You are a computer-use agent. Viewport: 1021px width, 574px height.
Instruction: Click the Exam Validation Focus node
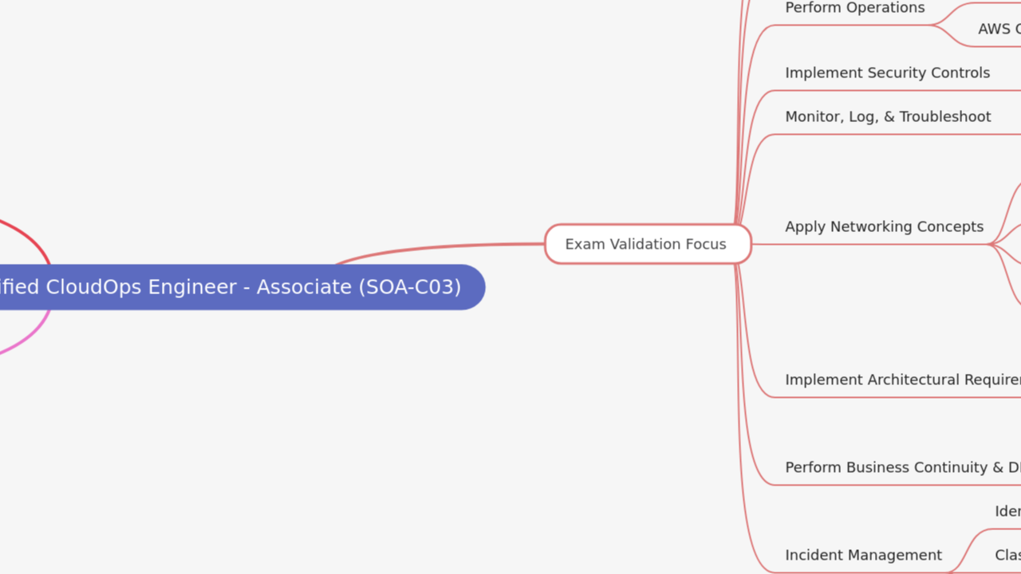pyautogui.click(x=647, y=244)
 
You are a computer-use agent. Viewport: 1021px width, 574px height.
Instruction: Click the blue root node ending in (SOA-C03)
pyautogui.click(x=239, y=287)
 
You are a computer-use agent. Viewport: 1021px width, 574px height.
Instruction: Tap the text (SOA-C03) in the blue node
pyautogui.click(x=410, y=287)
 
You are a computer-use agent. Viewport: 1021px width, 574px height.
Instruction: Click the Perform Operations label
pyautogui.click(x=854, y=8)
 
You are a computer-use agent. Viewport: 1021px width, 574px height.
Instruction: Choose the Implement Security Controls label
pyautogui.click(x=887, y=73)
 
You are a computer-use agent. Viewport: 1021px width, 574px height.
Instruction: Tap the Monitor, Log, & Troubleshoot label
pyautogui.click(x=888, y=116)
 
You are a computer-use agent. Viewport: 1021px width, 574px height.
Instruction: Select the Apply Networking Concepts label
pyautogui.click(x=884, y=226)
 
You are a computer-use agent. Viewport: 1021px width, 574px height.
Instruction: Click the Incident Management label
pyautogui.click(x=863, y=555)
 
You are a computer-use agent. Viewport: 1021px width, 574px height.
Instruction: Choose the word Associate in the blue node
pyautogui.click(x=306, y=287)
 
